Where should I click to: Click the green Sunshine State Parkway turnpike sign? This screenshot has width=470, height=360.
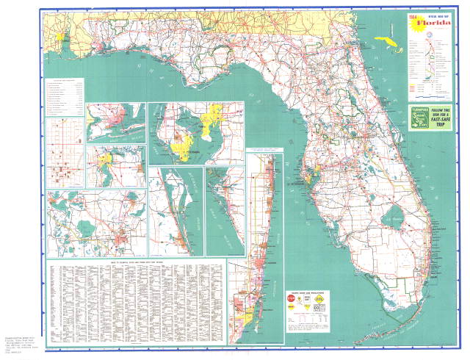pyautogui.click(x=419, y=118)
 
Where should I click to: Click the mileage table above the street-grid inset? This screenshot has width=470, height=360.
pyautogui.click(x=64, y=96)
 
